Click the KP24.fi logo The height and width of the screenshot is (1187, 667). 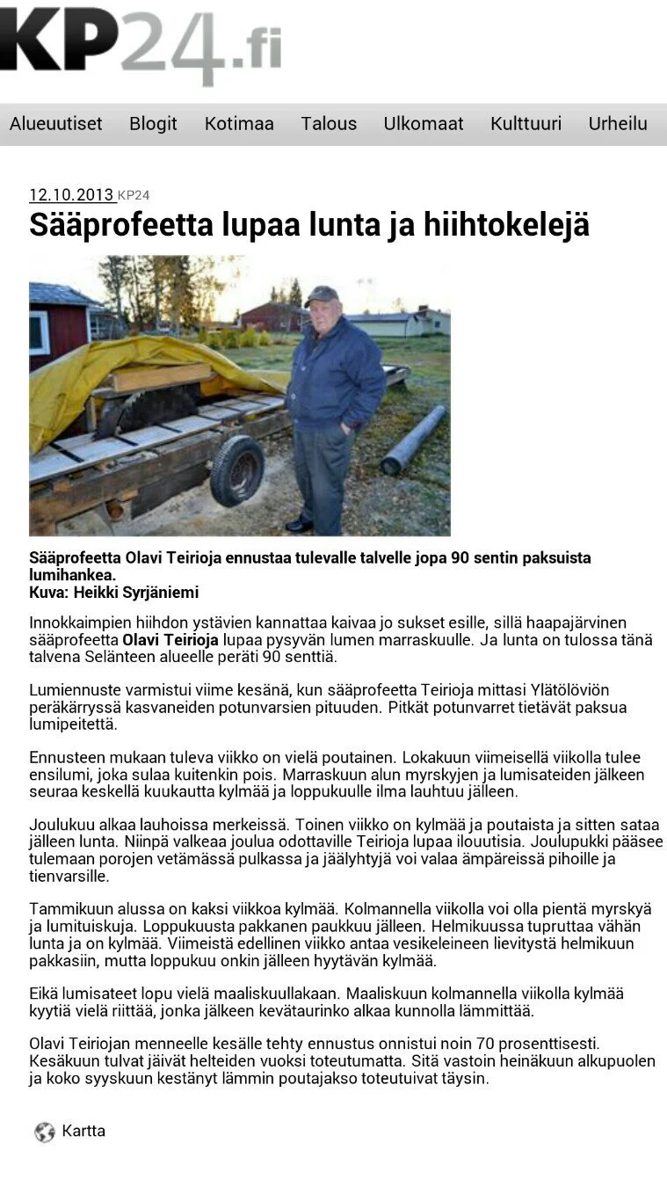[141, 44]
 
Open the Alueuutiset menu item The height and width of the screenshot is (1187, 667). [56, 124]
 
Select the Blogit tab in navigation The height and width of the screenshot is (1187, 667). [153, 124]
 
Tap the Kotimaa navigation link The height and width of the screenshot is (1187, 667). [239, 124]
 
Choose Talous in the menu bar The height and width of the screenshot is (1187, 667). [329, 124]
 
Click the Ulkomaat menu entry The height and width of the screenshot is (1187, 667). [423, 124]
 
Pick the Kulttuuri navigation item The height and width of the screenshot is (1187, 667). [526, 124]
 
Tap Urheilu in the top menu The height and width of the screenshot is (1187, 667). [618, 124]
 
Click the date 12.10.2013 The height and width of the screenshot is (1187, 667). [71, 195]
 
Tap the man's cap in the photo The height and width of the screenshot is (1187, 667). [323, 295]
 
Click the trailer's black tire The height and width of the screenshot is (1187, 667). [236, 470]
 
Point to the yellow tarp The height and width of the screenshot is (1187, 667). [132, 369]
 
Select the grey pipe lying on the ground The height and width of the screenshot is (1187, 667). [413, 440]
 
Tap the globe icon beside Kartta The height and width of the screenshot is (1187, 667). [45, 1132]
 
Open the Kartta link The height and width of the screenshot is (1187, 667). [83, 1132]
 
